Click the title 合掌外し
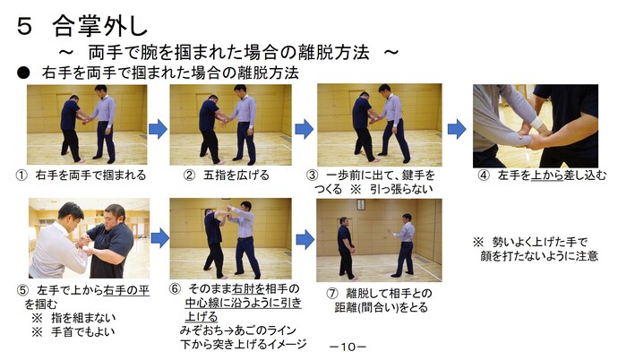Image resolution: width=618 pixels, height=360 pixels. point(100,26)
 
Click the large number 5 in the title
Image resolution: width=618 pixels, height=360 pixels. point(24,27)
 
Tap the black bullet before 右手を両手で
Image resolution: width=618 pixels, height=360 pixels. point(23,73)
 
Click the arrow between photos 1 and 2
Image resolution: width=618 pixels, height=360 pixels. point(158,129)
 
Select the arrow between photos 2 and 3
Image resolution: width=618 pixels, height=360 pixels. point(305,129)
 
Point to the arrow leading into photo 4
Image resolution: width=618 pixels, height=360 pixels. point(457,129)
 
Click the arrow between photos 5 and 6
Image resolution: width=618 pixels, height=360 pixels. point(160,238)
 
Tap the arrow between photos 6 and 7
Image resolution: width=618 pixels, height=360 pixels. point(305,239)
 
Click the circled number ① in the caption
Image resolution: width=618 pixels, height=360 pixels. point(21,176)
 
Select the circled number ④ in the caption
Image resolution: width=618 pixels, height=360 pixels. point(484,176)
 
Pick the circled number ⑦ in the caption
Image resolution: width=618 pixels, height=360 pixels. point(332,294)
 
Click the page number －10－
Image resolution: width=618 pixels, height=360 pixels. point(348,347)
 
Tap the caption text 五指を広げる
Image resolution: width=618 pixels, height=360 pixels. point(236,175)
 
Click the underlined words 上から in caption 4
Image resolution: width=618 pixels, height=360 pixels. point(547,176)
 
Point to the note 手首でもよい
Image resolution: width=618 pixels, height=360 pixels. point(82,331)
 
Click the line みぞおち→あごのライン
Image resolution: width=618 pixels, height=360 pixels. point(237,330)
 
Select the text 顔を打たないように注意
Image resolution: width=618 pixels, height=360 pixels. point(539,255)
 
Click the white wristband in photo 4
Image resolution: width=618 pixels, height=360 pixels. point(537,123)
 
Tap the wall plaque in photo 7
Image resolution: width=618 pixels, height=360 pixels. point(361,204)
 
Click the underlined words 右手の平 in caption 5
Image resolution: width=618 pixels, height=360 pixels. point(126,291)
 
